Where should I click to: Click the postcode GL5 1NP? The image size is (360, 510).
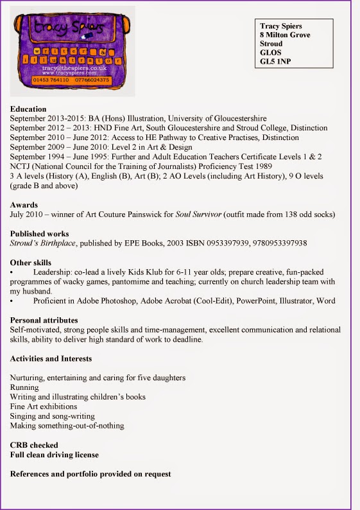click(x=275, y=62)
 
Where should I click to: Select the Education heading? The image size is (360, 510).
click(x=28, y=109)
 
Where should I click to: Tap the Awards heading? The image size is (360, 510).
click(x=24, y=205)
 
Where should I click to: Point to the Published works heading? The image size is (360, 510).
click(x=39, y=234)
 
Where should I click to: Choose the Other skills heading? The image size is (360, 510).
click(x=31, y=263)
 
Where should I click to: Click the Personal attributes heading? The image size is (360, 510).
click(x=44, y=320)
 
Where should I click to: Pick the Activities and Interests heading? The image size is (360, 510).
click(x=51, y=358)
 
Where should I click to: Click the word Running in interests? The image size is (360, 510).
click(x=24, y=387)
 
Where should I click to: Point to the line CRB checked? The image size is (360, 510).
click(x=34, y=445)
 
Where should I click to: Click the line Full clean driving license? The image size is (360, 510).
click(x=55, y=455)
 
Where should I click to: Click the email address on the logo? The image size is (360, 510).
click(x=73, y=67)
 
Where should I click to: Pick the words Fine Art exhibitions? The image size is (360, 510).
click(x=44, y=407)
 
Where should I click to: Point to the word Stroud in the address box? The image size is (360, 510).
click(x=271, y=44)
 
